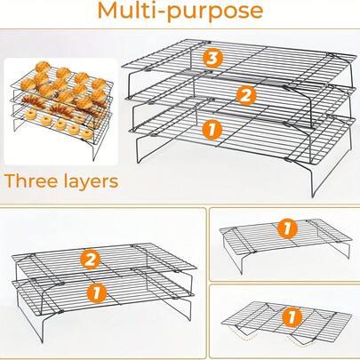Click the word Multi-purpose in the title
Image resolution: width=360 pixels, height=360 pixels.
tap(180, 12)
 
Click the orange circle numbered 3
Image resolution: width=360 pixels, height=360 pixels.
tap(211, 58)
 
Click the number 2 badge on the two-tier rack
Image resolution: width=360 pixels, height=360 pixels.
tap(88, 260)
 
